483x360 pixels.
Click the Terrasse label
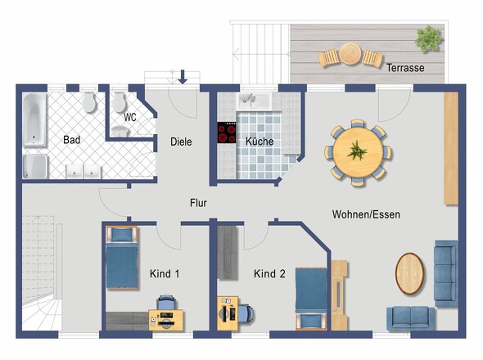[405, 68]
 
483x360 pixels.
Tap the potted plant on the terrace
[428, 38]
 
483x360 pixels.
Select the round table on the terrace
[350, 54]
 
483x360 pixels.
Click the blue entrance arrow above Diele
[183, 77]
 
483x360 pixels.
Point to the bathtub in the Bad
[35, 119]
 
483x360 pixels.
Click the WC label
[130, 117]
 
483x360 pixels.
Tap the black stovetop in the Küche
[227, 133]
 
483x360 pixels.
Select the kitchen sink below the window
[254, 101]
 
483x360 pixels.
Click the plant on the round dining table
[357, 151]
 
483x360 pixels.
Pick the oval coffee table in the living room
[409, 273]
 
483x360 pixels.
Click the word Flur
[198, 203]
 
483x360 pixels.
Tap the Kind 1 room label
[165, 273]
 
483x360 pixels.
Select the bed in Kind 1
[122, 258]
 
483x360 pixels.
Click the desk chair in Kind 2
[246, 313]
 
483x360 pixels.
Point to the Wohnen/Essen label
[366, 214]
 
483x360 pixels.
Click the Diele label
[181, 142]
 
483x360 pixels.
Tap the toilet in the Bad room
[89, 102]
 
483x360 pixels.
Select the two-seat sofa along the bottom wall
[411, 318]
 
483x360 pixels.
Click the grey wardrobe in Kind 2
[228, 253]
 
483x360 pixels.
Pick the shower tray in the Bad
[35, 166]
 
